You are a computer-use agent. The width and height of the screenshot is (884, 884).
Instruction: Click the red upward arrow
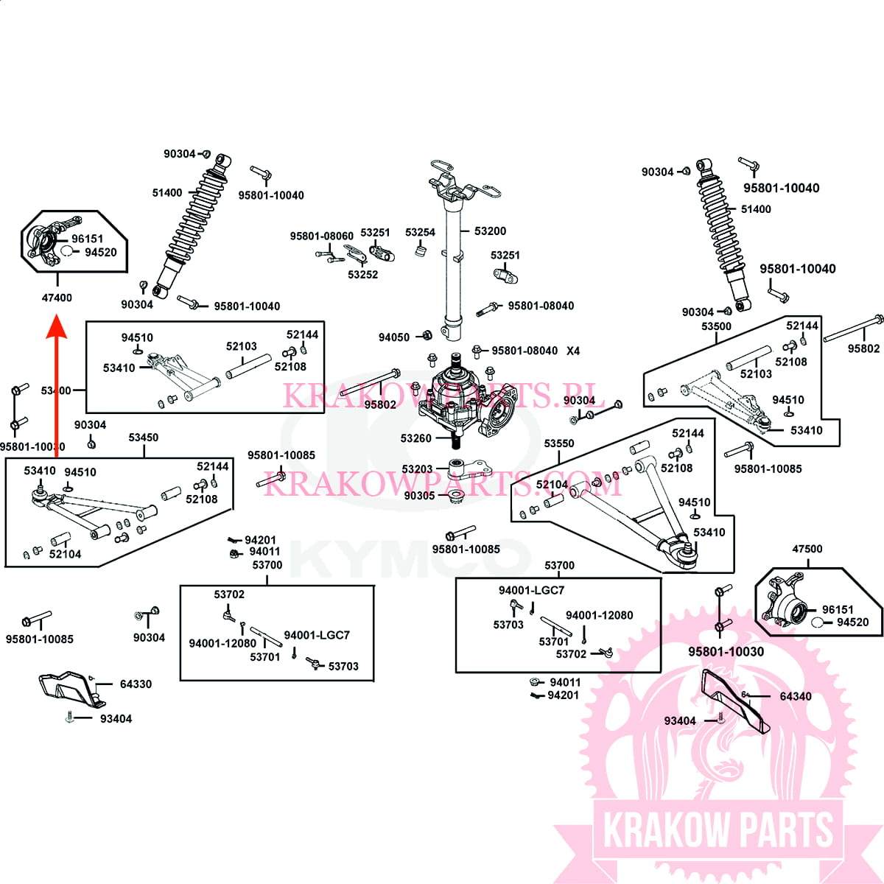(57, 390)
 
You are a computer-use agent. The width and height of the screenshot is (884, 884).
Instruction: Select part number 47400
(57, 298)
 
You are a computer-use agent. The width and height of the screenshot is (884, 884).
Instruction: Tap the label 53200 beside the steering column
(490, 231)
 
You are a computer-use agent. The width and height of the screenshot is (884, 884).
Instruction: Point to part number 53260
(415, 438)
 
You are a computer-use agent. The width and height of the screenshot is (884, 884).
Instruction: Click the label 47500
(807, 549)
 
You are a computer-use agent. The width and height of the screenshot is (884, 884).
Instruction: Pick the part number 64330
(136, 684)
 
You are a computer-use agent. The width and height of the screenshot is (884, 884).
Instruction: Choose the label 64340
(796, 696)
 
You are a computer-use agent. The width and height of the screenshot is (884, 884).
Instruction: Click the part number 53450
(143, 438)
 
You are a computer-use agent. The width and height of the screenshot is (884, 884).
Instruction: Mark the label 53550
(559, 443)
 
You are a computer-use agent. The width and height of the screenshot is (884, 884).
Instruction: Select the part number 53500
(716, 326)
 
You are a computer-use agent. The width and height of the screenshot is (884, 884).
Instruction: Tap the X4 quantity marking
(573, 351)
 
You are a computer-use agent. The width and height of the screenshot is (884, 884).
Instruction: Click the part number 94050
(393, 337)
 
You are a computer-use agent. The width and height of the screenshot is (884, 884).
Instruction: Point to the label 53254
(420, 232)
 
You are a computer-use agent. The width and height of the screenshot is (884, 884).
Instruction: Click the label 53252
(362, 275)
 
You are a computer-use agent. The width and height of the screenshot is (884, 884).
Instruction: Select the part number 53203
(417, 469)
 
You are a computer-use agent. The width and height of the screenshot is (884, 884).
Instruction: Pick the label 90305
(419, 496)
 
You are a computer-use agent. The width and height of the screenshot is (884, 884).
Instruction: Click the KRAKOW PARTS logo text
(718, 830)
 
